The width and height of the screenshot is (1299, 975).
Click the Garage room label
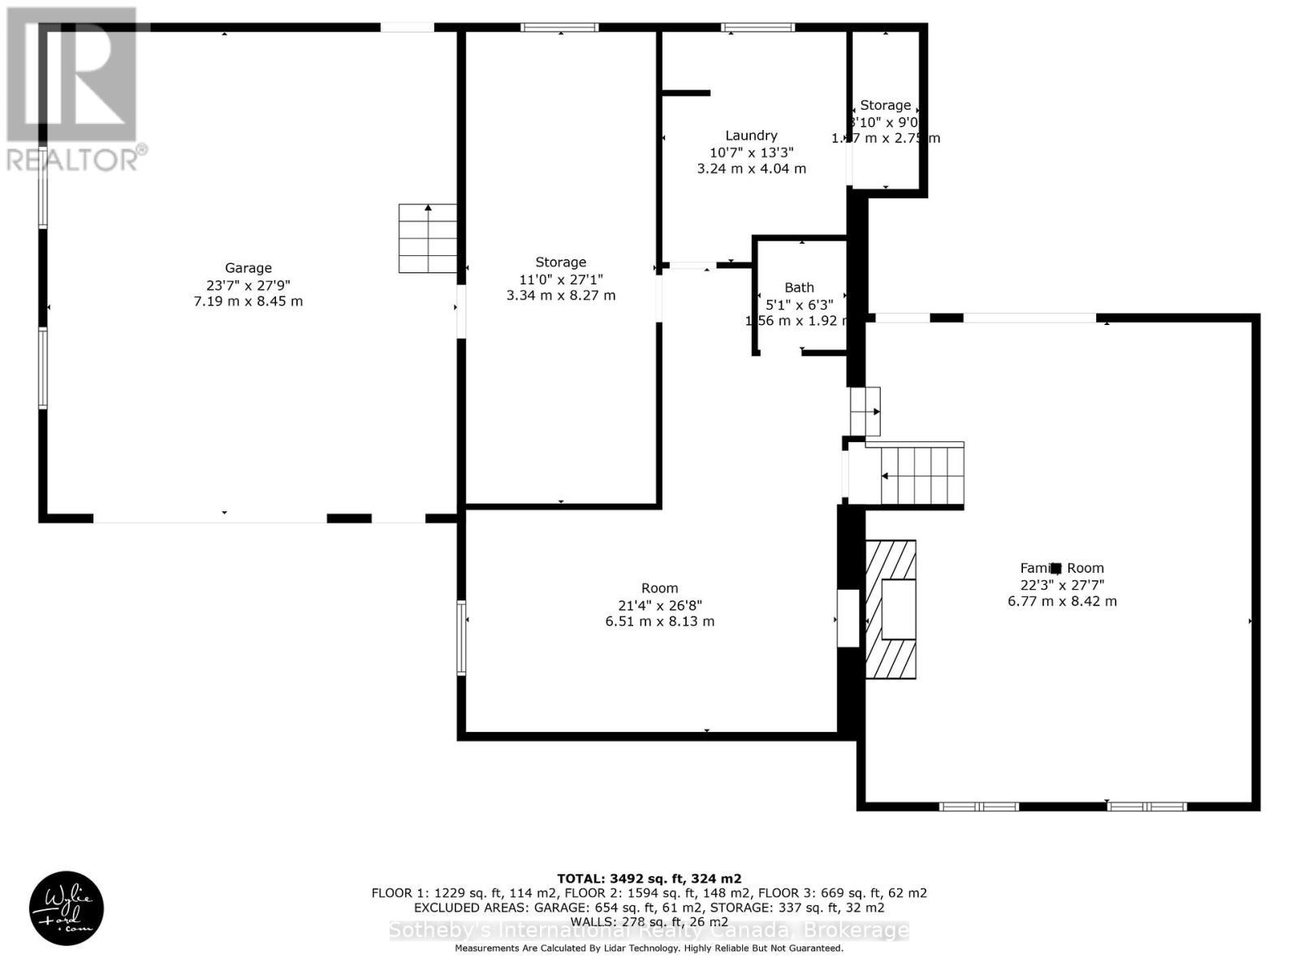tap(248, 268)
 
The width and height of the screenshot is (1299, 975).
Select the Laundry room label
tap(751, 136)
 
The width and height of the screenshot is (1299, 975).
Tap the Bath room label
tap(799, 288)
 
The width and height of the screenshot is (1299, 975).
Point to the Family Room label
tap(1062, 569)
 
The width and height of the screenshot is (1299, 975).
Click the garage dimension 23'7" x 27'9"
tap(248, 285)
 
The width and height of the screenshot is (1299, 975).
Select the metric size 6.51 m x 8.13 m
tap(659, 622)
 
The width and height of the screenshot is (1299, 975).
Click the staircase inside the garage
tap(427, 238)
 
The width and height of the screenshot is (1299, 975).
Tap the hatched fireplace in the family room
tap(891, 609)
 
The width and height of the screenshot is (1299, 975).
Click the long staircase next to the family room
tap(922, 475)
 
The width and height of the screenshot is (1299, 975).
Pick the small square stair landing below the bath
tap(865, 411)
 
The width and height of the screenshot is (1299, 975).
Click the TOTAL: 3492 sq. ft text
tap(649, 878)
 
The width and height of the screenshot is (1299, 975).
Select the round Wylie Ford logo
tap(67, 908)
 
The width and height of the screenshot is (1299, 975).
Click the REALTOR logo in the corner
tap(75, 89)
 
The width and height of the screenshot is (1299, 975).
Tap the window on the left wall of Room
tap(461, 638)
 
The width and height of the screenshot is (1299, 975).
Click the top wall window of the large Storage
tap(559, 28)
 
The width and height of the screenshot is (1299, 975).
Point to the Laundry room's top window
tap(757, 28)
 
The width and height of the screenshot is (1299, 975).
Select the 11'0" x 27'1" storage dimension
tap(560, 279)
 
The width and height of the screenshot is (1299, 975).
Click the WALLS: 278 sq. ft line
tap(649, 921)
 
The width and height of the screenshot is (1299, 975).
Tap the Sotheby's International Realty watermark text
tap(649, 931)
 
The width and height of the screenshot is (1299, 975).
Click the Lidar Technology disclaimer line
tap(649, 948)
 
